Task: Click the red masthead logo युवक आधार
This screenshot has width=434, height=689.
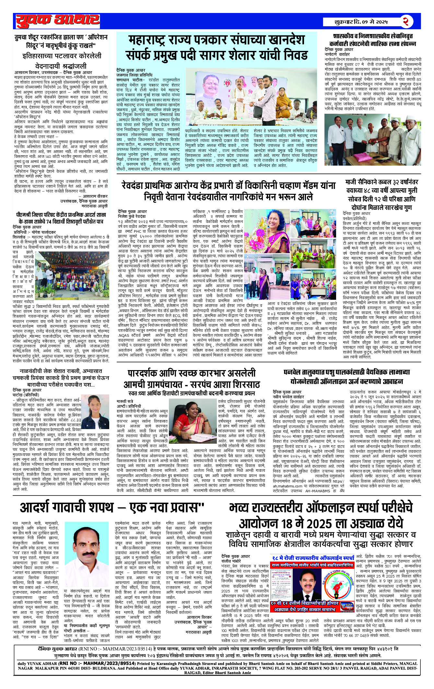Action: click(x=58, y=20)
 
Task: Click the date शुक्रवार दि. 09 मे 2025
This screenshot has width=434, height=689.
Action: click(x=361, y=22)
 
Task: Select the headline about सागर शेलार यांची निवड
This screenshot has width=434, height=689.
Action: click(x=217, y=47)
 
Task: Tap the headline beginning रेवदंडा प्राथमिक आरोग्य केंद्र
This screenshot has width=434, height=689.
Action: click(x=229, y=191)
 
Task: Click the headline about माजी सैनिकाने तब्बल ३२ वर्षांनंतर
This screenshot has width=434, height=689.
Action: click(x=381, y=194)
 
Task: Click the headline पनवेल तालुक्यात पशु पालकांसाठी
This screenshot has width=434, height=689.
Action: click(x=346, y=376)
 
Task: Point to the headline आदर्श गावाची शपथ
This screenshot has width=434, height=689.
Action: click(x=112, y=507)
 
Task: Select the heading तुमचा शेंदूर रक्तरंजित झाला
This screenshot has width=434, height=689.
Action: click(x=61, y=41)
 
